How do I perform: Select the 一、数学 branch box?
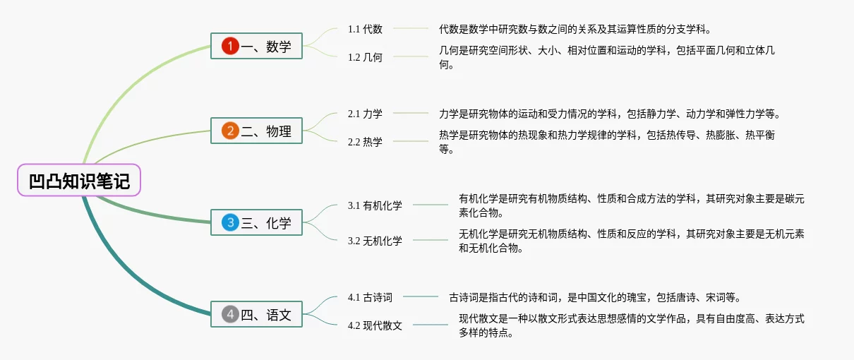coord(257,47)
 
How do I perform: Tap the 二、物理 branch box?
coord(257,131)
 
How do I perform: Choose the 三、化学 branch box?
coord(257,223)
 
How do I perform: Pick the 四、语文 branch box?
coord(257,315)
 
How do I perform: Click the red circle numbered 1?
coord(230,47)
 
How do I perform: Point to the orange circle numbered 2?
coord(230,131)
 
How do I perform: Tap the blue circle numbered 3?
coord(230,223)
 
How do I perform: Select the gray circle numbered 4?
coord(230,315)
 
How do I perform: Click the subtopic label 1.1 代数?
coord(365,29)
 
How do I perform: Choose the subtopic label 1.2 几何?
coord(365,57)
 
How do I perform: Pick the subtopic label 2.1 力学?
coord(365,113)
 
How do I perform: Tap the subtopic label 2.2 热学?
coord(365,142)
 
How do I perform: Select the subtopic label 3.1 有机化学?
coord(375,205)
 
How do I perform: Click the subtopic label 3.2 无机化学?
coord(375,241)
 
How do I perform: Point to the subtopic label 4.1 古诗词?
coord(370,297)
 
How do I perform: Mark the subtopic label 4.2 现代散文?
coord(375,325)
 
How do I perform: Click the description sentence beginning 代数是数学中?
coord(575,29)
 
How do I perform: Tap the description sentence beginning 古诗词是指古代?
coord(594,297)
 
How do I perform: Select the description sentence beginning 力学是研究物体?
coord(609,113)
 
